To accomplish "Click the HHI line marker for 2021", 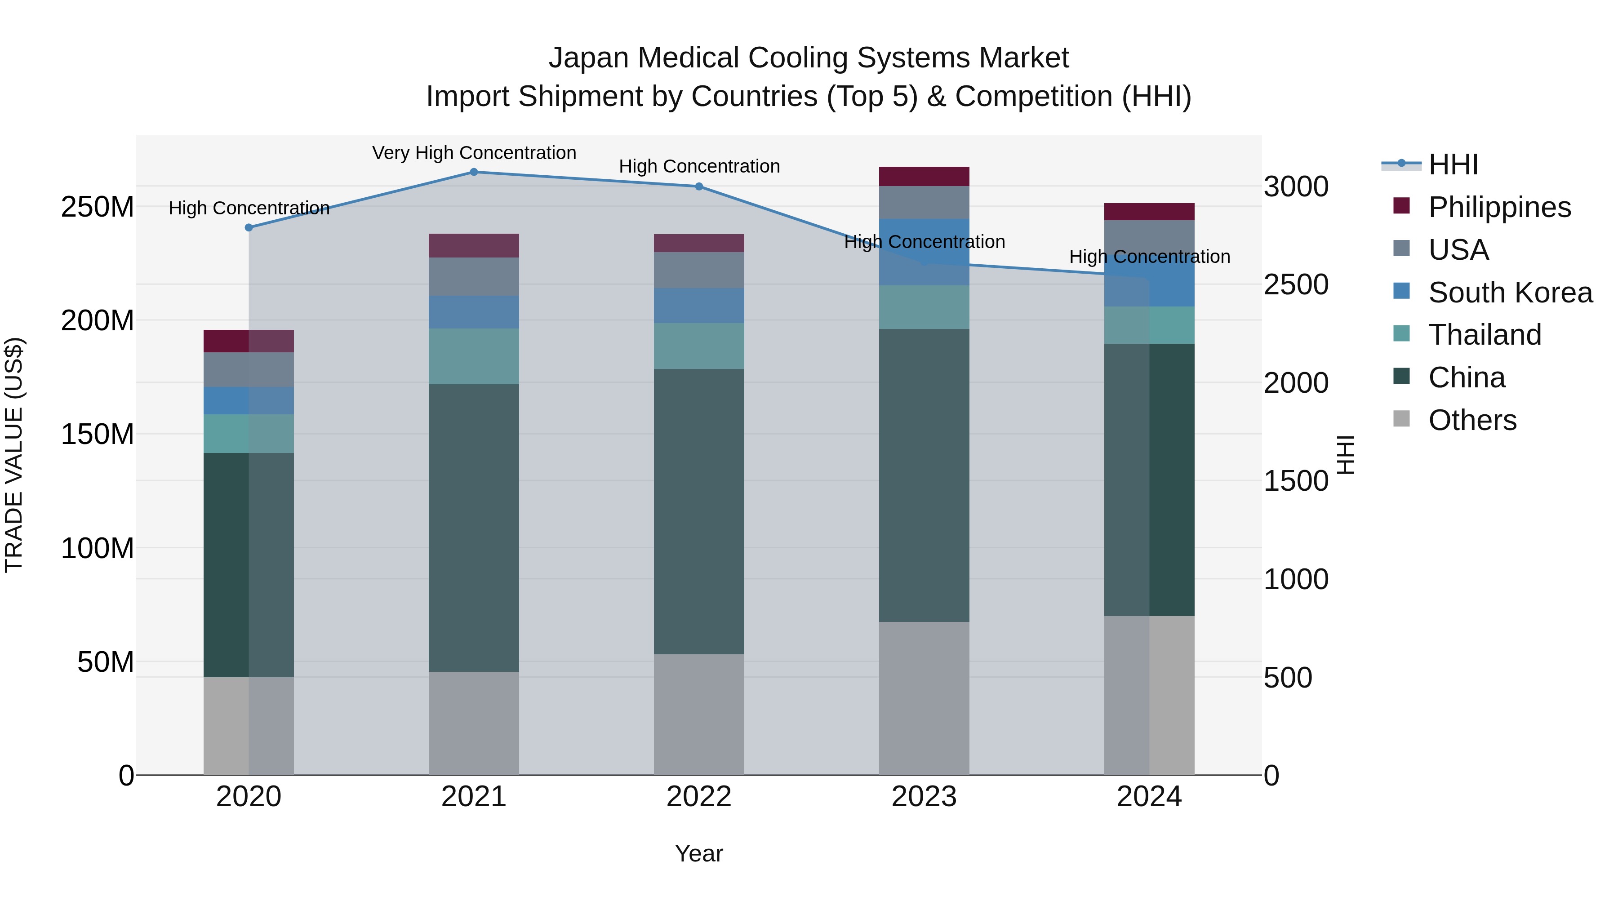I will click(474, 172).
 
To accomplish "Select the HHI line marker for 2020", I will click(249, 227).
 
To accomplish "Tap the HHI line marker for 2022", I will click(699, 186).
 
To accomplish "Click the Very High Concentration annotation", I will click(474, 153).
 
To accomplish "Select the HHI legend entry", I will click(1452, 164).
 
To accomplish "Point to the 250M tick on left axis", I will click(98, 207).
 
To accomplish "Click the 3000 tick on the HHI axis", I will click(1296, 186).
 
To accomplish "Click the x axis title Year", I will click(698, 853).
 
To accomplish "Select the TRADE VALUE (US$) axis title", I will click(14, 455).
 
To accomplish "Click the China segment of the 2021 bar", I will click(474, 528).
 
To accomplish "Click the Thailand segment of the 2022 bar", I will click(698, 346).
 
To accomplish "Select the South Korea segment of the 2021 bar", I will click(474, 312).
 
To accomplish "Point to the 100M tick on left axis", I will click(98, 548).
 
